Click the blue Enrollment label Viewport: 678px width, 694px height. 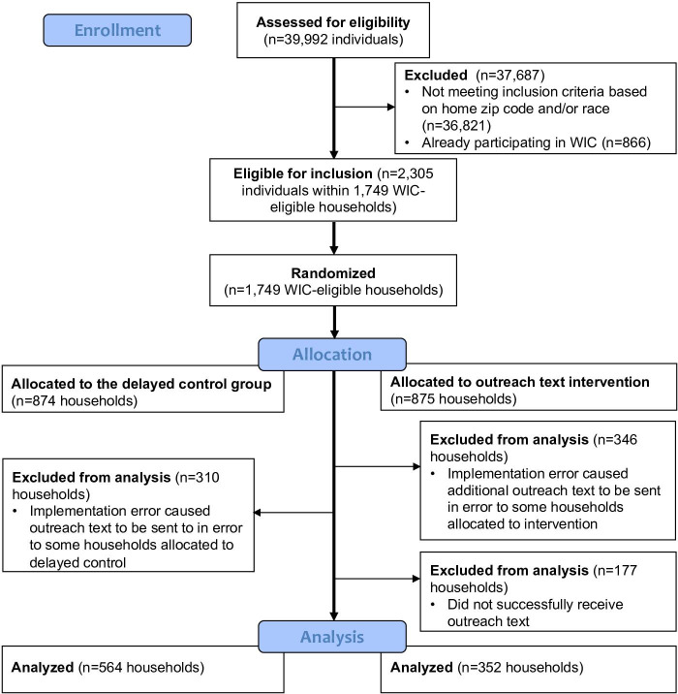click(x=117, y=30)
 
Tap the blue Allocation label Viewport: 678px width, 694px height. click(x=332, y=354)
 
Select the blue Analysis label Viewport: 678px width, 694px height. click(x=332, y=637)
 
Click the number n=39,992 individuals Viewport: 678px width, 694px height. click(x=333, y=40)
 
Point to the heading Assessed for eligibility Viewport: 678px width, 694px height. click(x=333, y=22)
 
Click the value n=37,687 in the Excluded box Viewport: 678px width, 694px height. click(x=509, y=75)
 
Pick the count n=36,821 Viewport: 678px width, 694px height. click(x=456, y=126)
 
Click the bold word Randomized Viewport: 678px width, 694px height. click(x=333, y=272)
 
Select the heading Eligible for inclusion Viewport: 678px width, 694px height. click(x=303, y=173)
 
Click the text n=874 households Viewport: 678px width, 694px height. click(x=75, y=401)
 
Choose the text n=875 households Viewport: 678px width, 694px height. click(x=453, y=399)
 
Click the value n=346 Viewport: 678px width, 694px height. click(x=617, y=439)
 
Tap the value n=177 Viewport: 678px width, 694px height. click(x=617, y=570)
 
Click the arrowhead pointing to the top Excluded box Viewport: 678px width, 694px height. click(x=391, y=107)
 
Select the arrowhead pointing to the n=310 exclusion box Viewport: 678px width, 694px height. click(x=257, y=513)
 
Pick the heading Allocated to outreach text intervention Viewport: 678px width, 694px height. click(x=520, y=382)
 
